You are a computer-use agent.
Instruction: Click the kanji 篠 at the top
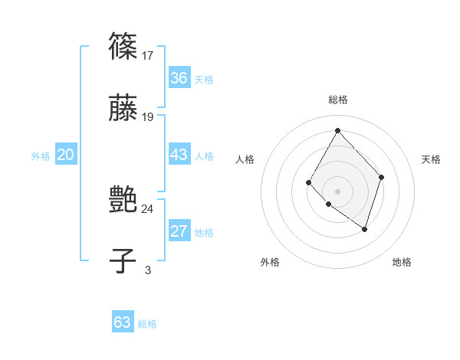point(123,47)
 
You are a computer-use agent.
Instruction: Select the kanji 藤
point(123,108)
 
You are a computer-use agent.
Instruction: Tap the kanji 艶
point(123,200)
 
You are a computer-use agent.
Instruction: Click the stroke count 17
point(148,55)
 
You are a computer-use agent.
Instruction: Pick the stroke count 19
point(148,116)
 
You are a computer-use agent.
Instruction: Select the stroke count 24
point(148,208)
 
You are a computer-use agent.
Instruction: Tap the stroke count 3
point(148,270)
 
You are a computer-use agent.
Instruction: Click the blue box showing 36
point(179,78)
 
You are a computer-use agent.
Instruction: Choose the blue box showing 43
point(179,155)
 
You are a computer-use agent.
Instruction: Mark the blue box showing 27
point(179,231)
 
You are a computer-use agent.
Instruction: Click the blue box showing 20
point(65,155)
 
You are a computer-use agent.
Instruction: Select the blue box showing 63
point(123,322)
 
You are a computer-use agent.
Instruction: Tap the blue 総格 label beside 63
point(147,324)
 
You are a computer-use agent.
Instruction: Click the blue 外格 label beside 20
point(41,156)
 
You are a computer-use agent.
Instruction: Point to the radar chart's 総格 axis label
point(338,100)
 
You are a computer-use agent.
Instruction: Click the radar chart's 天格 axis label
point(432,159)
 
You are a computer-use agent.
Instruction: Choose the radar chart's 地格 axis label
point(402,263)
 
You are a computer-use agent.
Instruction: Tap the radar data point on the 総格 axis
point(337,130)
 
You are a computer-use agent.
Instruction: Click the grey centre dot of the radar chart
point(337,191)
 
